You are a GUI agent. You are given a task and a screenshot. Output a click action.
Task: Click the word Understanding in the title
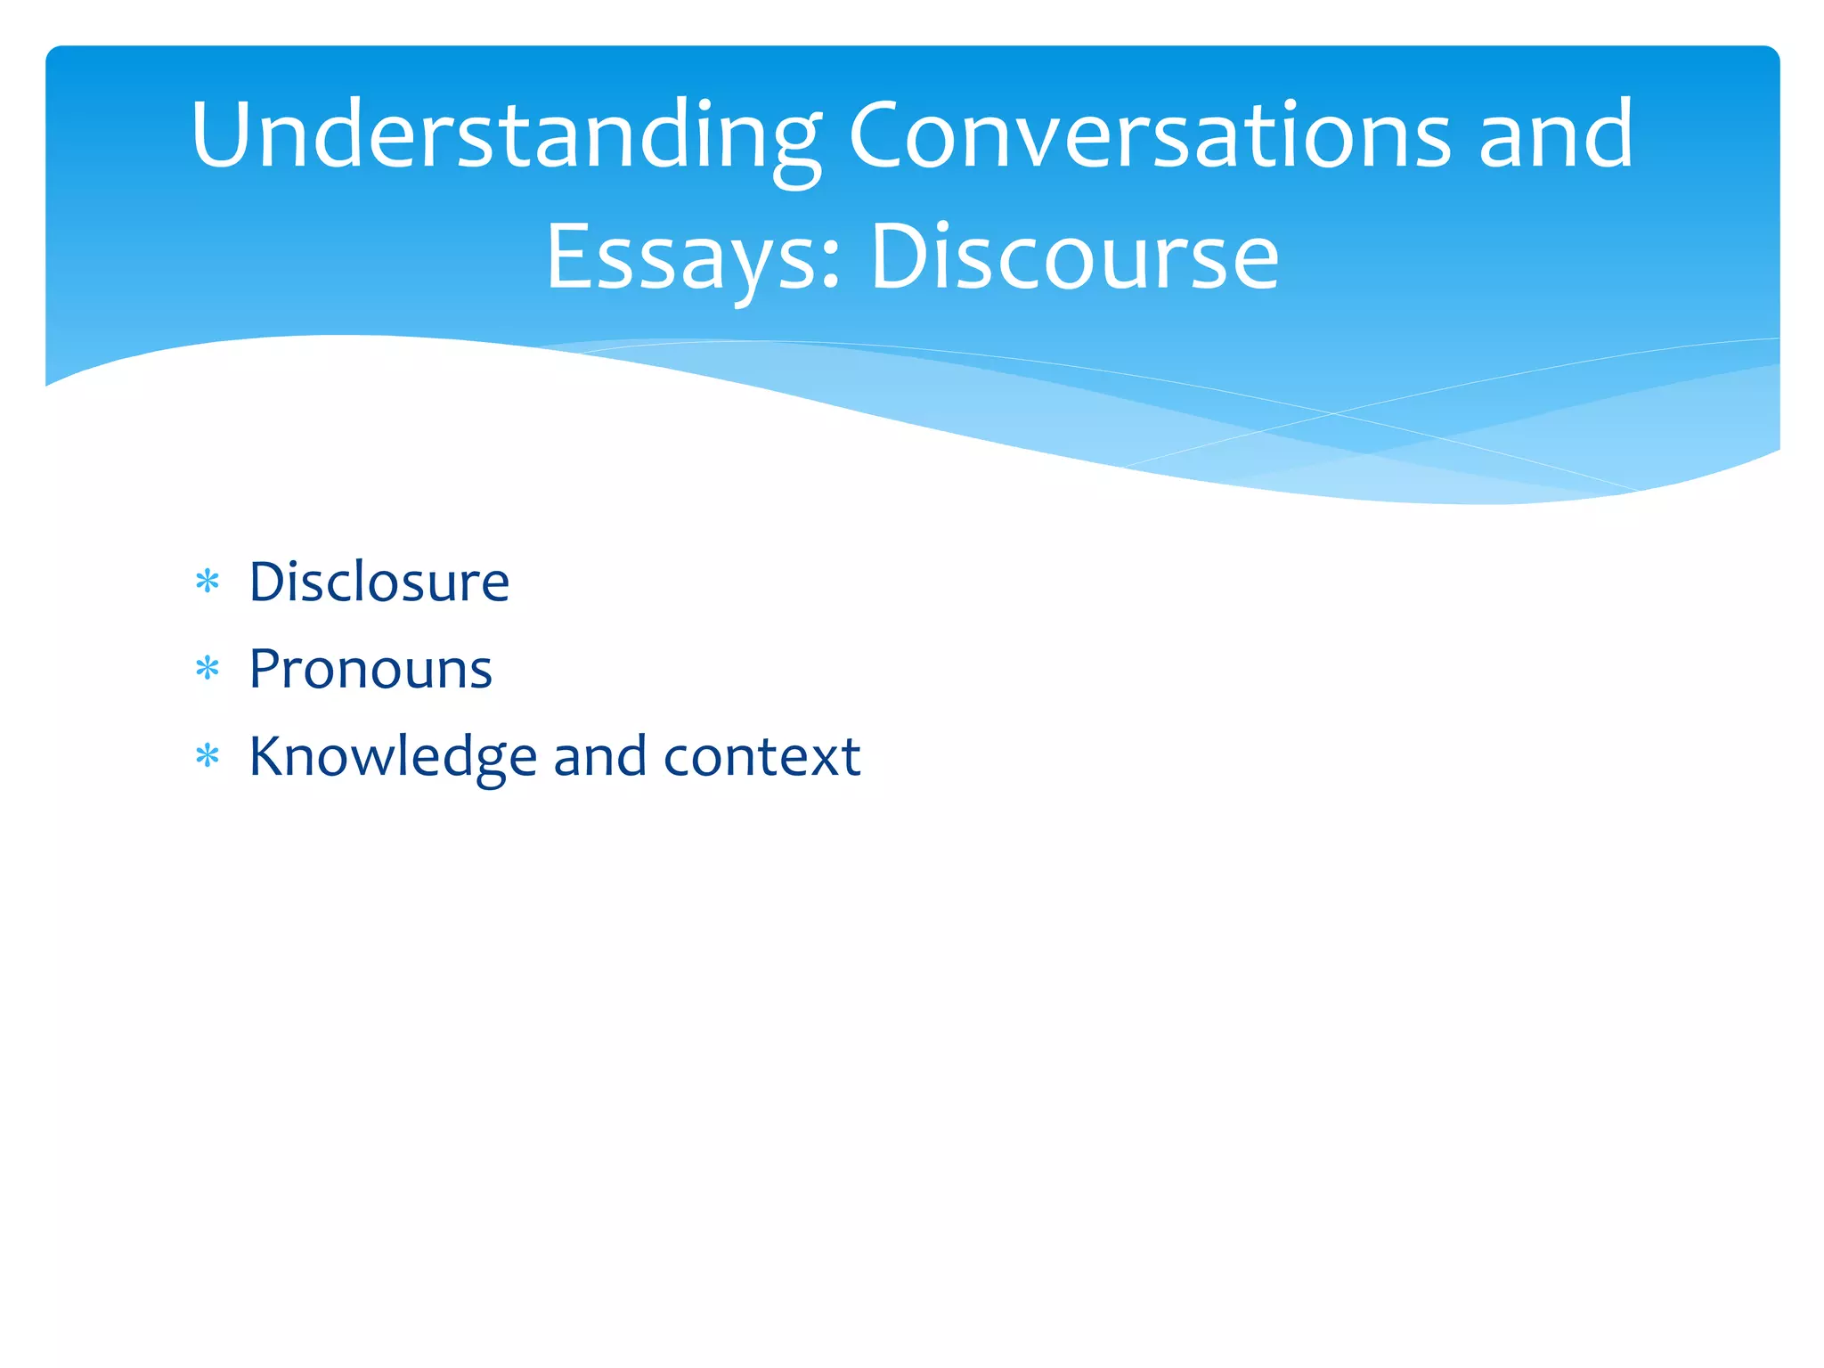point(506,135)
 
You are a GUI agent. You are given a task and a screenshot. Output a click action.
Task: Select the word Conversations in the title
point(1150,135)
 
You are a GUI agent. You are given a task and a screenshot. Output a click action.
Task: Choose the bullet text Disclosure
point(379,582)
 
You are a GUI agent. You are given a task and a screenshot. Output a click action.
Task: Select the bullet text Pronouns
point(370,670)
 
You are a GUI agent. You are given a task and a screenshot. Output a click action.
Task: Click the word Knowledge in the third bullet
point(393,757)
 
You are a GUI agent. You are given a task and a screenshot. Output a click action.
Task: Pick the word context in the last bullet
point(762,757)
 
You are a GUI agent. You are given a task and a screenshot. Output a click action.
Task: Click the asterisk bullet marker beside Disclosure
point(208,582)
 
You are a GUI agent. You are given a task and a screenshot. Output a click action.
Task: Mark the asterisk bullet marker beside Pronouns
point(208,669)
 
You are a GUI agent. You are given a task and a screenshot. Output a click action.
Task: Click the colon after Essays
point(831,267)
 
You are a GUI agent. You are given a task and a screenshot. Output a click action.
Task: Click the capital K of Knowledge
point(268,757)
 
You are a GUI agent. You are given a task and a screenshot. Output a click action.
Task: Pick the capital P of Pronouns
point(266,669)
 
